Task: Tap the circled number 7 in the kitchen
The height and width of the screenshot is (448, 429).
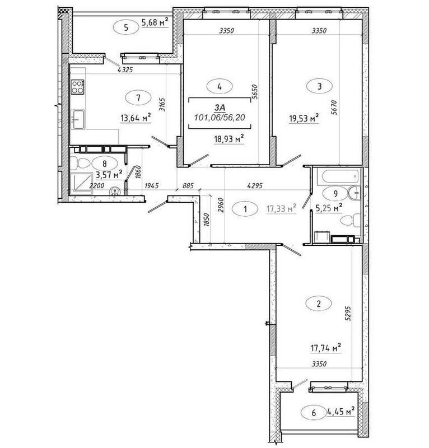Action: point(138,97)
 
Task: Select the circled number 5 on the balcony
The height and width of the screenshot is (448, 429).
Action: point(127,26)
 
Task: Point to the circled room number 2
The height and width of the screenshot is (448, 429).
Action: point(319,304)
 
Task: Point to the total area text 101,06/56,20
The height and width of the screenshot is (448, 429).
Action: point(220,117)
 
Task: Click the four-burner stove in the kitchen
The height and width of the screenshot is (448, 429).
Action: point(77,87)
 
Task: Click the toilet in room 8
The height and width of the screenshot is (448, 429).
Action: point(80,164)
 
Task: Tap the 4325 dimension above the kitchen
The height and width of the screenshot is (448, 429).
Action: point(126,70)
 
